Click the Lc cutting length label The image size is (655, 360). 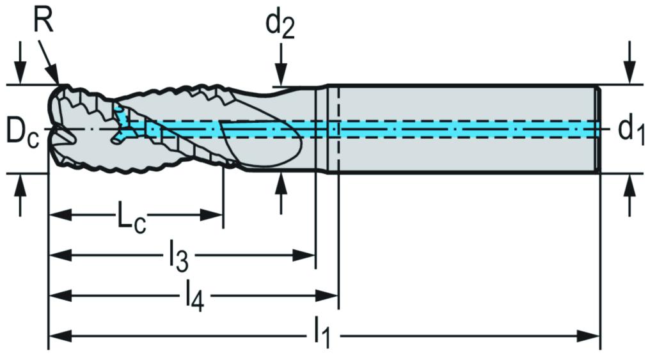point(131,218)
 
